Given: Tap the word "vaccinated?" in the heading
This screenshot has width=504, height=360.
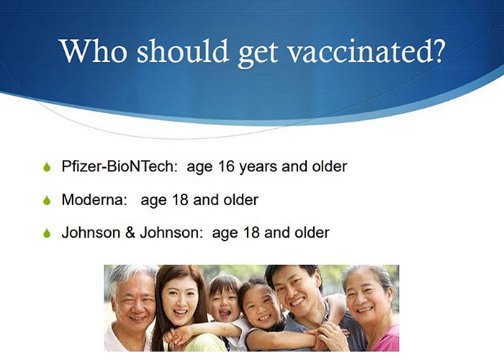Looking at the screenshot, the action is pos(366,51).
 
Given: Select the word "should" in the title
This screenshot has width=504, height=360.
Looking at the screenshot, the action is pos(183,51).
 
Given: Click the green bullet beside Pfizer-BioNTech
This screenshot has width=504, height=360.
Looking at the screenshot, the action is pos(47,167).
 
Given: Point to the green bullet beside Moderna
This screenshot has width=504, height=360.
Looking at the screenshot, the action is pos(47,200).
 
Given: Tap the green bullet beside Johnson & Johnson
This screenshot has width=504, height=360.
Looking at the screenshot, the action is pos(47,233).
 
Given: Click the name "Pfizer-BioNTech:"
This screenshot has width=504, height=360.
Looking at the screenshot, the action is pos(120,166).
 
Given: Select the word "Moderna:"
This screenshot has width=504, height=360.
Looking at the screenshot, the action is pos(94,199).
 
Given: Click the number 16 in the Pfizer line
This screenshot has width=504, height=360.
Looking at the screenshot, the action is pos(226,166).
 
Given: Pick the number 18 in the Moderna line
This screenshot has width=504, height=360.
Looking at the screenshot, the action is pos(180,199).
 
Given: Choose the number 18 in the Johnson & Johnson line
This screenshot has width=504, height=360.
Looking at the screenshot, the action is pos(251,233).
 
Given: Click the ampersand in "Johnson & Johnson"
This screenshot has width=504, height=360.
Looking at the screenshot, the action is pos(130,233).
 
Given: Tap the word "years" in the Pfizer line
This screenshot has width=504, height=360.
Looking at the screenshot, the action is pos(258,168).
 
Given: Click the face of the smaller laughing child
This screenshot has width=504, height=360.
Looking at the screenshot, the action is pos(223,304).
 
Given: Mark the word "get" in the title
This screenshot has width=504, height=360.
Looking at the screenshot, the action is pos(258,53).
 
